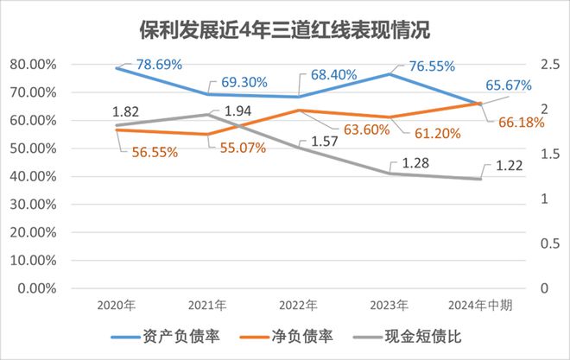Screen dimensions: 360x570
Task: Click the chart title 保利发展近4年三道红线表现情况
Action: [x=285, y=30]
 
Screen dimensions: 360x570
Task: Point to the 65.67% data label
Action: [x=507, y=85]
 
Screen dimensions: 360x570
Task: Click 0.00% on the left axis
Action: [x=35, y=287]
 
